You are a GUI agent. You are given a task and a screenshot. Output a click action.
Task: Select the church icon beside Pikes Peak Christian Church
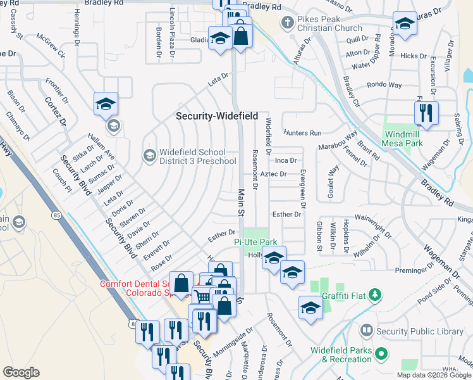[x=288, y=23]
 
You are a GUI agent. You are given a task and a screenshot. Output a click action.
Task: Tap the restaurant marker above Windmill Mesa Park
[x=426, y=113]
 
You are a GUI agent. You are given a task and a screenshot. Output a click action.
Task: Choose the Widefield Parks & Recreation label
[x=341, y=355]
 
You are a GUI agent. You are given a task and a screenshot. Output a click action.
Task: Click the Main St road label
[x=241, y=203]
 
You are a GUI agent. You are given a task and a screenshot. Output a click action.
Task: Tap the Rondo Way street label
[x=384, y=85]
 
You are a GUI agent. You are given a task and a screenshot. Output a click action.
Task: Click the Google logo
[x=21, y=372]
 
